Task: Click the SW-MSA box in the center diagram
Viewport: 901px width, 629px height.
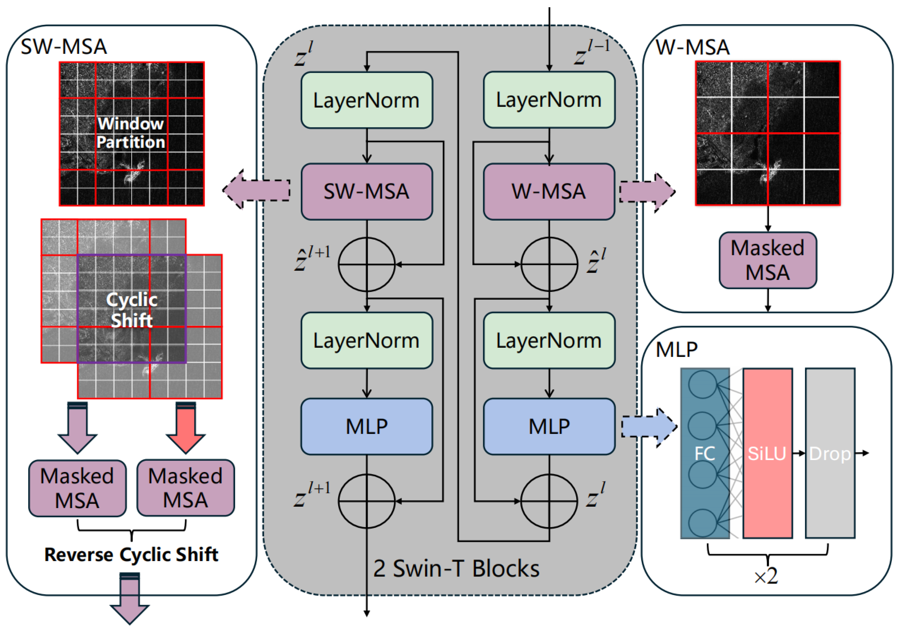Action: pyautogui.click(x=366, y=192)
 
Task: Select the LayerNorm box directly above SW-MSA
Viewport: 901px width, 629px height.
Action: pyautogui.click(x=366, y=100)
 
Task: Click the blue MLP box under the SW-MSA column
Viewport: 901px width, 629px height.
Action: pyautogui.click(x=366, y=427)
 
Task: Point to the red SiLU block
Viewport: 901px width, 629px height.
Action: pyautogui.click(x=767, y=453)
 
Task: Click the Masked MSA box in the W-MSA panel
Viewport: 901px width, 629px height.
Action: pyautogui.click(x=767, y=260)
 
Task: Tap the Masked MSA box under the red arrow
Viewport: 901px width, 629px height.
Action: pyautogui.click(x=186, y=488)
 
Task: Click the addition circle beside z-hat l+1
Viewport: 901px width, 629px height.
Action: pyautogui.click(x=366, y=265)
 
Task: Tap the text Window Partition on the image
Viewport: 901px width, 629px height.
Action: pyautogui.click(x=131, y=133)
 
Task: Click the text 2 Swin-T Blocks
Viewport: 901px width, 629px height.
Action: pyautogui.click(x=456, y=568)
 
